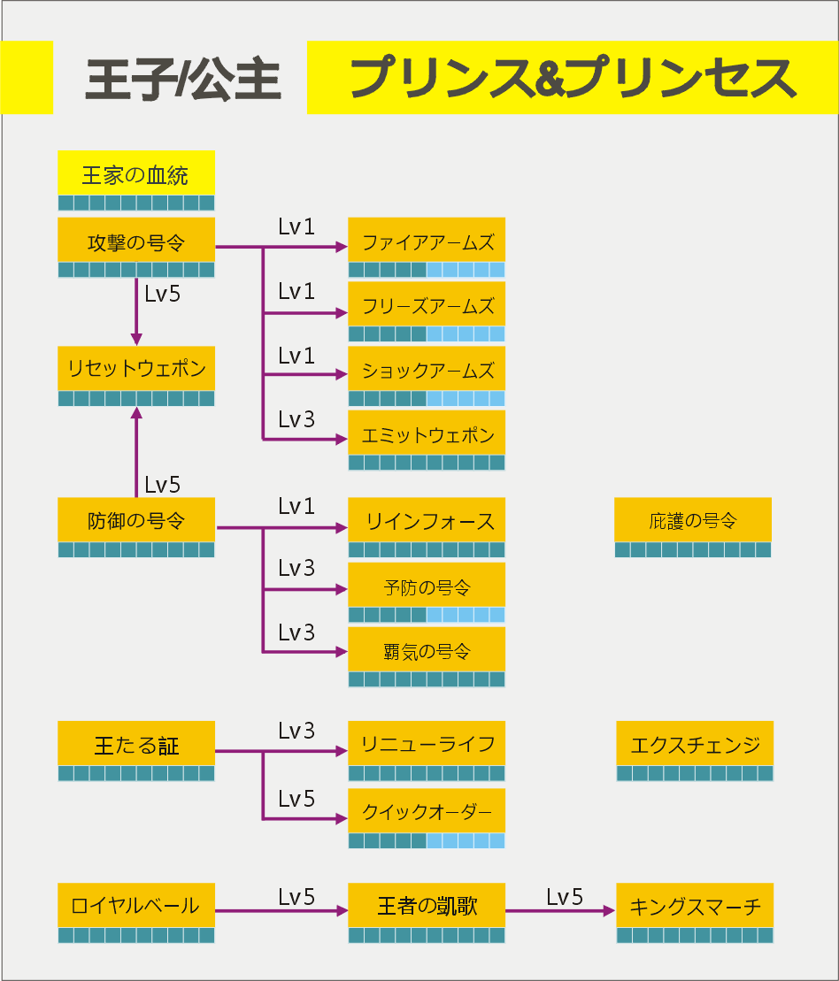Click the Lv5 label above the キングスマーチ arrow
[564, 897]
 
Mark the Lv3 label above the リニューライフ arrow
[296, 731]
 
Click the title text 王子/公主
[183, 79]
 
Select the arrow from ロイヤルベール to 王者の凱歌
[281, 911]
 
